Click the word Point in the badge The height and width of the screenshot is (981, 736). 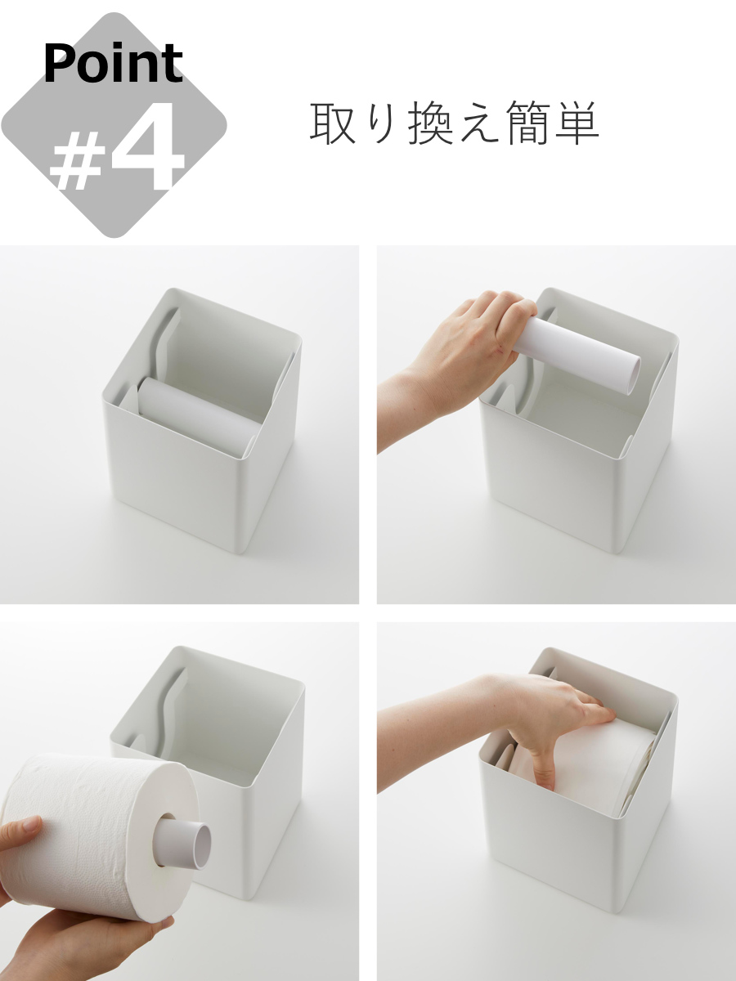click(113, 64)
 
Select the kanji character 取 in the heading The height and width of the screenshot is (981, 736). click(331, 123)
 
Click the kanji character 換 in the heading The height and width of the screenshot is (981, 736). click(430, 123)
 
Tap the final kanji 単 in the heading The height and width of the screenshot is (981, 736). click(577, 123)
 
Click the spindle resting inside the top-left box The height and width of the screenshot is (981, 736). click(196, 409)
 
